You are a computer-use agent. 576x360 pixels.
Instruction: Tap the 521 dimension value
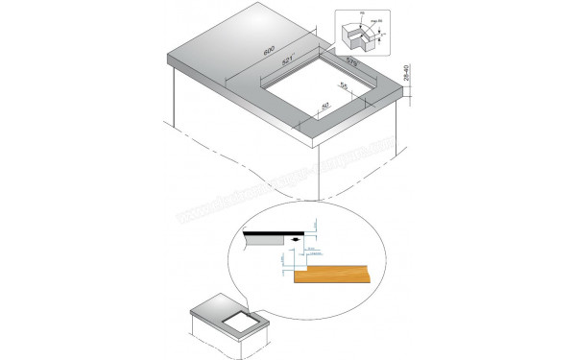click(287, 60)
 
